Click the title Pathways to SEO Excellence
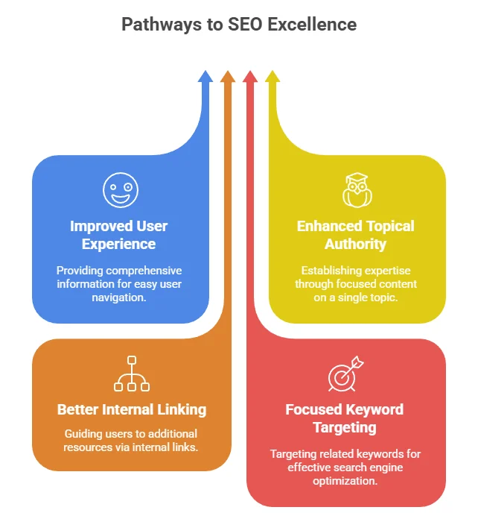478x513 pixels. click(239, 25)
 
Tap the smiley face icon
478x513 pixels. click(120, 190)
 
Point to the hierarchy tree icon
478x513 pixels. click(132, 374)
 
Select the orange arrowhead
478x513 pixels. click(228, 77)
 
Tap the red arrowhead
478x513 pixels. click(250, 77)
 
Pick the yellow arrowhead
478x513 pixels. click(273, 77)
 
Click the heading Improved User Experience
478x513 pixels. click(119, 235)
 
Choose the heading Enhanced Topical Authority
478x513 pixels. click(356, 235)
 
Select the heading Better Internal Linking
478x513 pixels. click(132, 409)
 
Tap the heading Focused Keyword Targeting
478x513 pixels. click(345, 418)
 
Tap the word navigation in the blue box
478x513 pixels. click(119, 298)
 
